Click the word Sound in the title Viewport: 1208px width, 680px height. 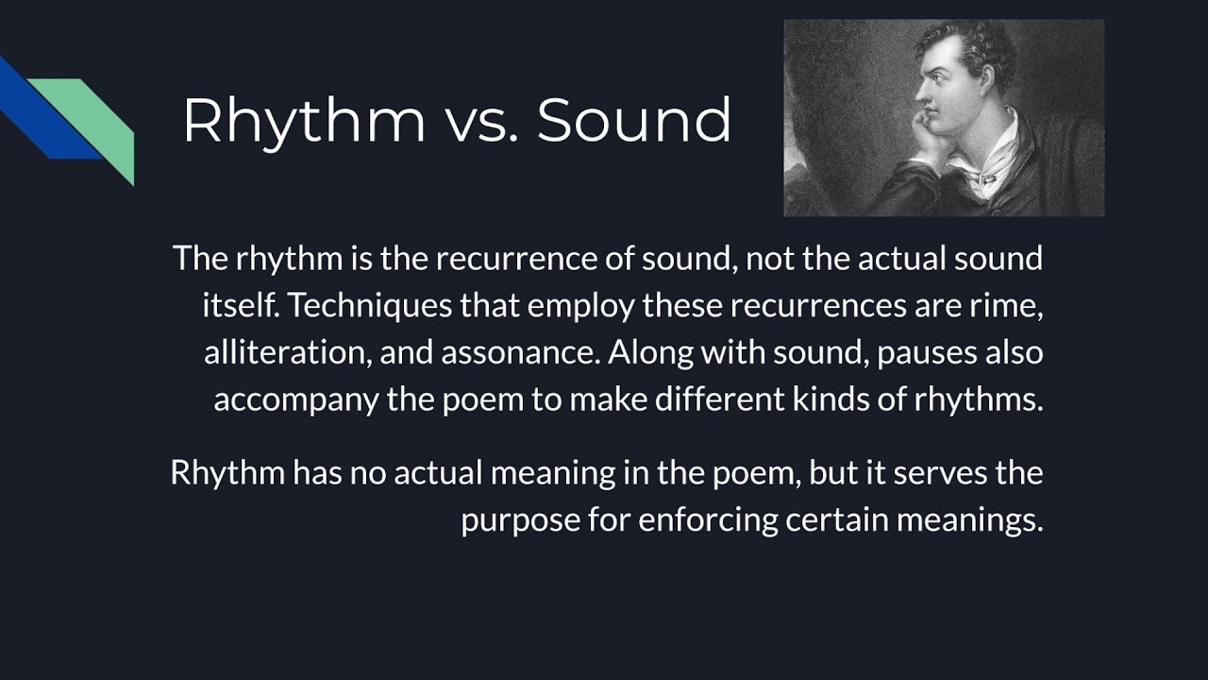click(634, 121)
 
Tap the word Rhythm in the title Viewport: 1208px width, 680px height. click(304, 121)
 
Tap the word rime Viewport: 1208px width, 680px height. click(1011, 305)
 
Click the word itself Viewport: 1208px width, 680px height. click(240, 305)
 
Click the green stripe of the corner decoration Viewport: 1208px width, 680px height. click(104, 123)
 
